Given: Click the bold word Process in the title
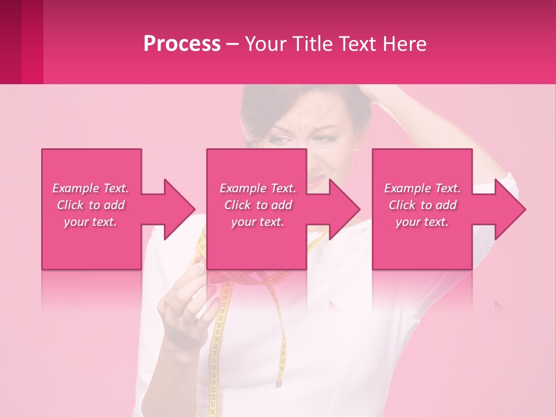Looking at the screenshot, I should coord(182,44).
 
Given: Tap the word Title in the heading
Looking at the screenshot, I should coord(313,44).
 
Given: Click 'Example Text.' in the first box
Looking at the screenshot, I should coord(90,188).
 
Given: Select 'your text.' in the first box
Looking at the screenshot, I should coord(90,222).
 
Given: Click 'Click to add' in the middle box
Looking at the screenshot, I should coord(258,205).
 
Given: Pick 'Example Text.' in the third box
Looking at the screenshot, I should coord(422,188).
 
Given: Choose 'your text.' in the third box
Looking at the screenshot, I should coord(422,222).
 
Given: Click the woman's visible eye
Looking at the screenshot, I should coord(281,140).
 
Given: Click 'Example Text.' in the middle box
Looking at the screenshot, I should coord(258,188).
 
